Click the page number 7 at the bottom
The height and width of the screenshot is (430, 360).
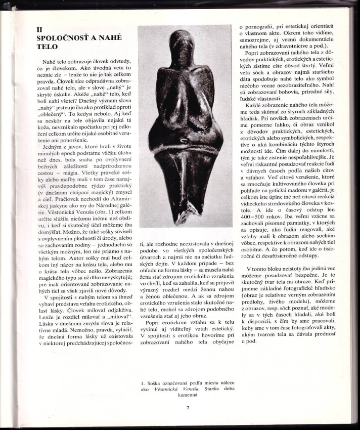(187, 408)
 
